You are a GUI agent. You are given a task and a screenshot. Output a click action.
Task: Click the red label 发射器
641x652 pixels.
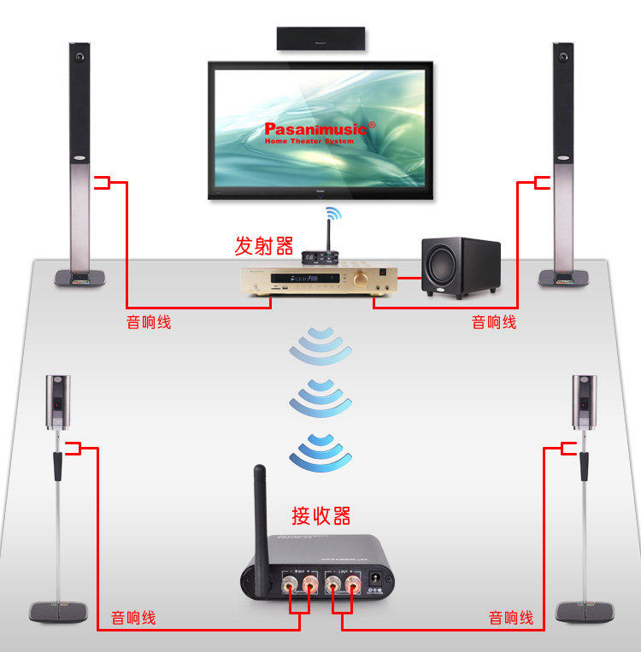coord(264,246)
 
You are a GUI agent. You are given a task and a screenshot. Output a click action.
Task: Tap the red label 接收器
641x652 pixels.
coord(321,515)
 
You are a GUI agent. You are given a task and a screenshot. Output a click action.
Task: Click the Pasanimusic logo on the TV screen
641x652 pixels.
coord(315,129)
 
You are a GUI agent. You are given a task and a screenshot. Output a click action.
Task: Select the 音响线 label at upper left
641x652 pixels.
coord(149,322)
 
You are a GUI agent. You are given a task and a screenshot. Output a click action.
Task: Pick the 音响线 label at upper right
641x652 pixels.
coord(494,322)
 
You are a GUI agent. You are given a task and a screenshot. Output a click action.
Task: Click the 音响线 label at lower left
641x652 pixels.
coord(133,617)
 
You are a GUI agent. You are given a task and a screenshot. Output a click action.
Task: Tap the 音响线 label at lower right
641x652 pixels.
coord(511,617)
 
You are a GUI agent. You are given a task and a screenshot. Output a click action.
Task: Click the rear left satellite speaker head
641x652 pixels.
coord(57,400)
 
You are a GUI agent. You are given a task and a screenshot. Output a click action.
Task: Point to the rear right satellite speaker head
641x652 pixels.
coord(584,400)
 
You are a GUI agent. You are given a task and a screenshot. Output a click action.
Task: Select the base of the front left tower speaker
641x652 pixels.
coord(80,278)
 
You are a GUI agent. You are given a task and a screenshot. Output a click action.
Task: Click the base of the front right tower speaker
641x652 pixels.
coord(561,278)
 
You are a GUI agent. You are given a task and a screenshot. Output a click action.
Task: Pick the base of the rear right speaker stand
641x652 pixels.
coord(585,611)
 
